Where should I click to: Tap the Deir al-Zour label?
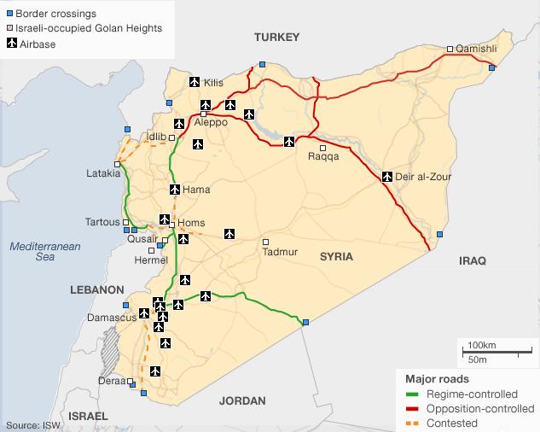tap(424, 177)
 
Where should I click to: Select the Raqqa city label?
tap(323, 157)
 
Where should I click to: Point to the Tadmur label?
tap(281, 252)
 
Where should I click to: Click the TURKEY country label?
tap(277, 37)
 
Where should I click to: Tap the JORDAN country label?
tap(242, 400)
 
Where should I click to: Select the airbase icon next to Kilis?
tap(194, 82)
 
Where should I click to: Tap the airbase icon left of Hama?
tap(174, 190)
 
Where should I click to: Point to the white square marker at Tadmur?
tap(265, 241)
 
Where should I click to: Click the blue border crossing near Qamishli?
tap(492, 67)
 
